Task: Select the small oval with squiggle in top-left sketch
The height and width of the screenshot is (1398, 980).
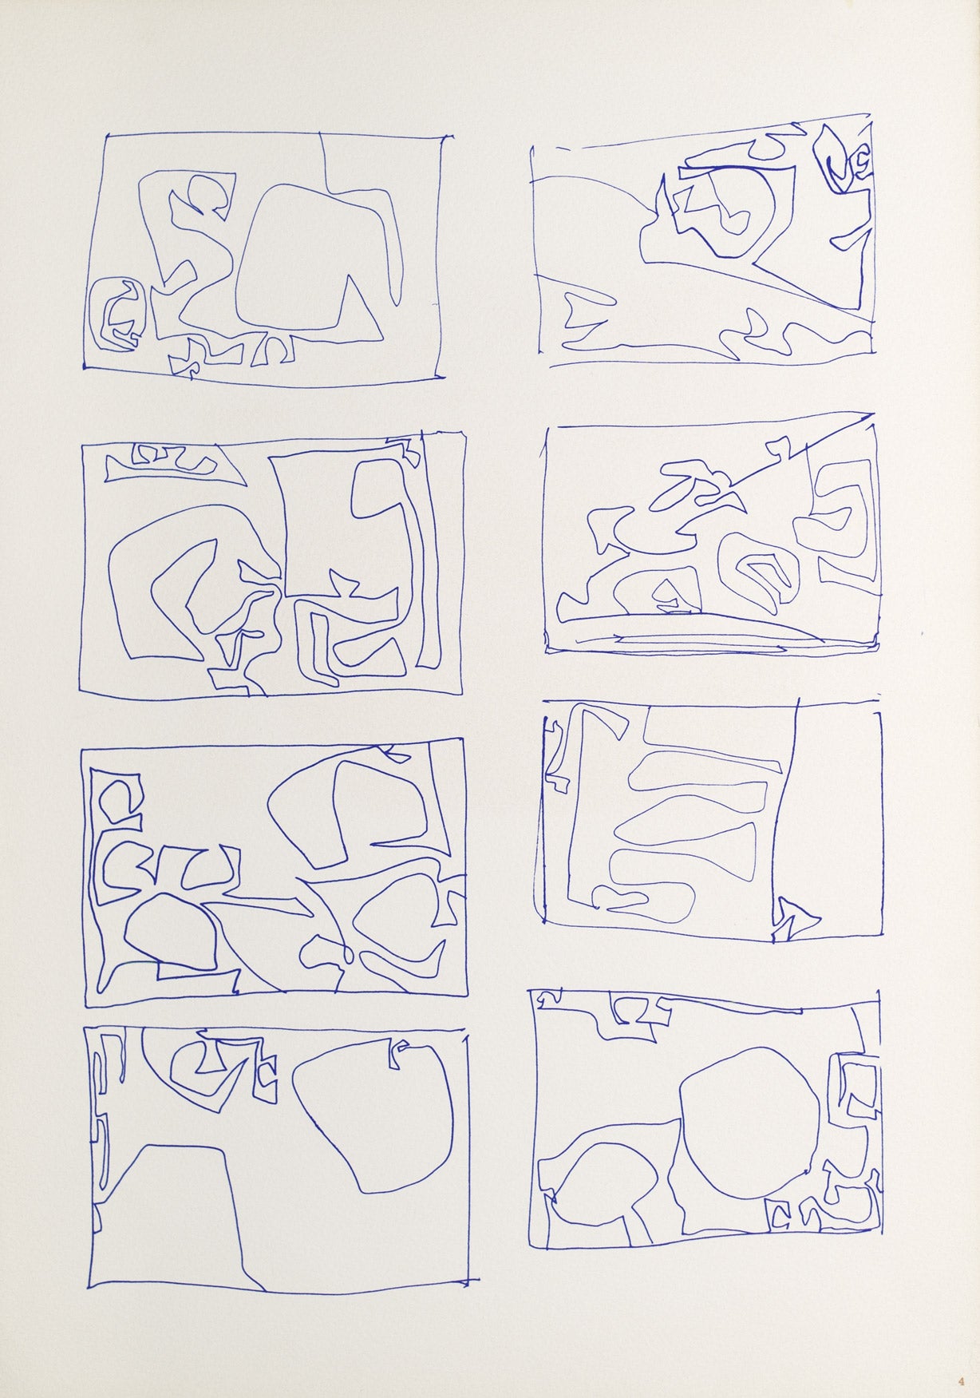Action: (117, 313)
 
